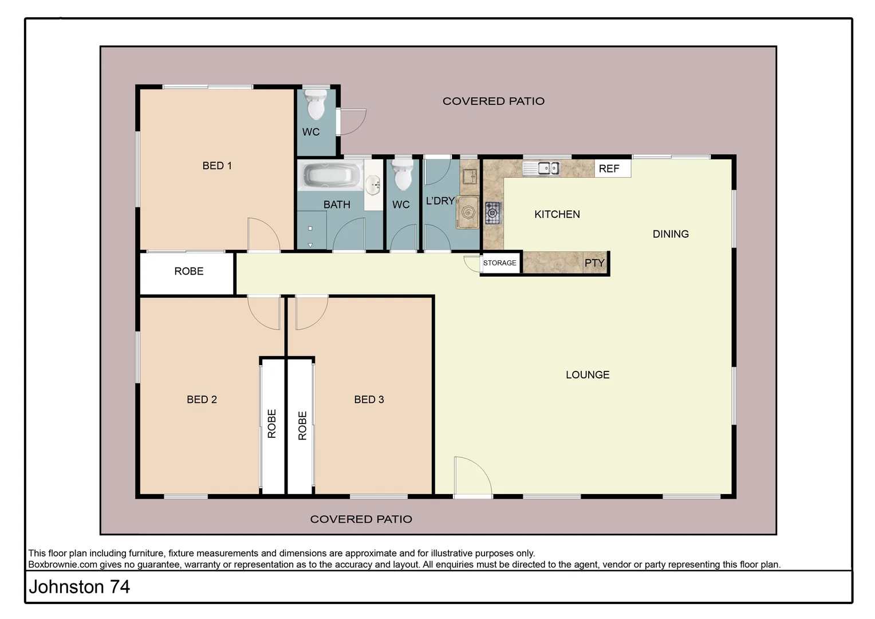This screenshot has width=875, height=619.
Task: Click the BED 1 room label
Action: click(x=217, y=166)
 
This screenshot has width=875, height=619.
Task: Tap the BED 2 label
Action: click(x=202, y=399)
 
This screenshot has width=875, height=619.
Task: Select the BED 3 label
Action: click(x=369, y=399)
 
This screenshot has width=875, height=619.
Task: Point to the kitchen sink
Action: click(x=541, y=168)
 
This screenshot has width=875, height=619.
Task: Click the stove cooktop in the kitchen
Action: click(x=492, y=213)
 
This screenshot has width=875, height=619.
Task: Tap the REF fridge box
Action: click(x=612, y=169)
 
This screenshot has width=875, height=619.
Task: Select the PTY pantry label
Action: click(x=594, y=263)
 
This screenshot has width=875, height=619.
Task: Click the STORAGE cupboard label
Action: click(x=500, y=263)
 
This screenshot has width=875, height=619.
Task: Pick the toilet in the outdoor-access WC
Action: click(x=315, y=104)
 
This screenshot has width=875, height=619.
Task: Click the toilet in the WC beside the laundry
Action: click(x=403, y=175)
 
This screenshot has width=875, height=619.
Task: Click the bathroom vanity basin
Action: click(x=373, y=184)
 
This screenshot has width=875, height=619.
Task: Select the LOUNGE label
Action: click(x=588, y=375)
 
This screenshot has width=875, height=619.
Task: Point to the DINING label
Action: click(x=671, y=234)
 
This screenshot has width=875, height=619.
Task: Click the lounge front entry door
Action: click(x=472, y=477)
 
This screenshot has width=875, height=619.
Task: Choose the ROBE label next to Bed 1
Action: click(x=188, y=271)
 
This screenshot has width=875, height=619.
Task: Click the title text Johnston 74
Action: click(x=80, y=587)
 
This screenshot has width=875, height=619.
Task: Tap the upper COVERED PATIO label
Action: click(x=493, y=101)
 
